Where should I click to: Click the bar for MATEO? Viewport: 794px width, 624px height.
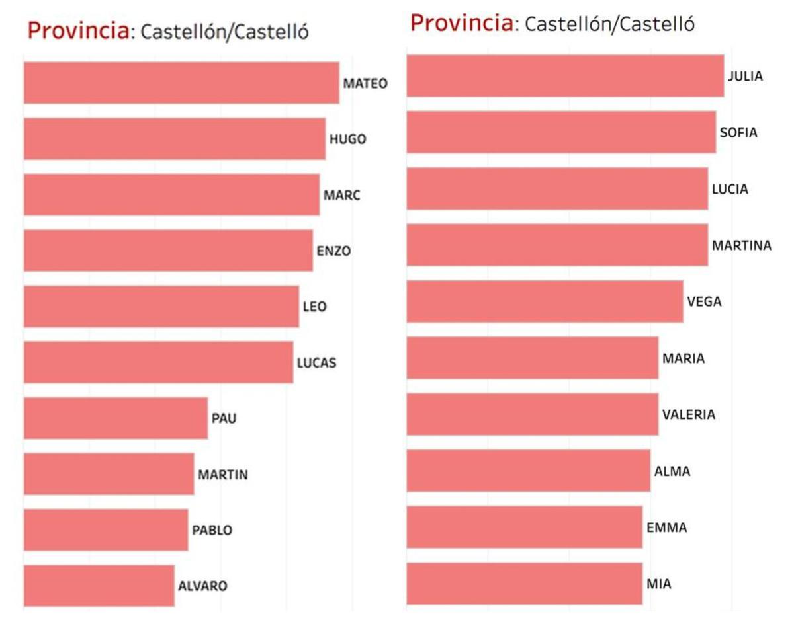181,83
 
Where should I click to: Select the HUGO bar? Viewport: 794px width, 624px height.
175,139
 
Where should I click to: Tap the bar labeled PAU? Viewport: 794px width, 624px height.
116,418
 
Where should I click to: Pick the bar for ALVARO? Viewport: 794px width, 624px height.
99,585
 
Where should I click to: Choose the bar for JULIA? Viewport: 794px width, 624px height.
565,76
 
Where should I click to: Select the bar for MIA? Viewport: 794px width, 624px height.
524,584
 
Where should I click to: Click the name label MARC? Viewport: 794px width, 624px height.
341,196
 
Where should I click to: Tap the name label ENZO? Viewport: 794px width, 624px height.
333,251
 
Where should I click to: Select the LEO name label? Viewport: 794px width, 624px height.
314,307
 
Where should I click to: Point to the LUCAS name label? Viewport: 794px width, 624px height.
316,363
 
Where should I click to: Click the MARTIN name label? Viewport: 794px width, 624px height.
223,475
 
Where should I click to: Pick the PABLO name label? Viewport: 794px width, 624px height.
212,530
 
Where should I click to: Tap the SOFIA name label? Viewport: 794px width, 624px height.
738,132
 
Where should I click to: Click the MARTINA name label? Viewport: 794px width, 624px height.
741,245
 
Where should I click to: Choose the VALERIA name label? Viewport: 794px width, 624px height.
688,415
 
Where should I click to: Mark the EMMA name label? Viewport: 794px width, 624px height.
666,527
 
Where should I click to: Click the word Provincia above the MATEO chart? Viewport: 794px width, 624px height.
78,30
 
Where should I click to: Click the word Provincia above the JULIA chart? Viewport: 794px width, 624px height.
461,23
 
